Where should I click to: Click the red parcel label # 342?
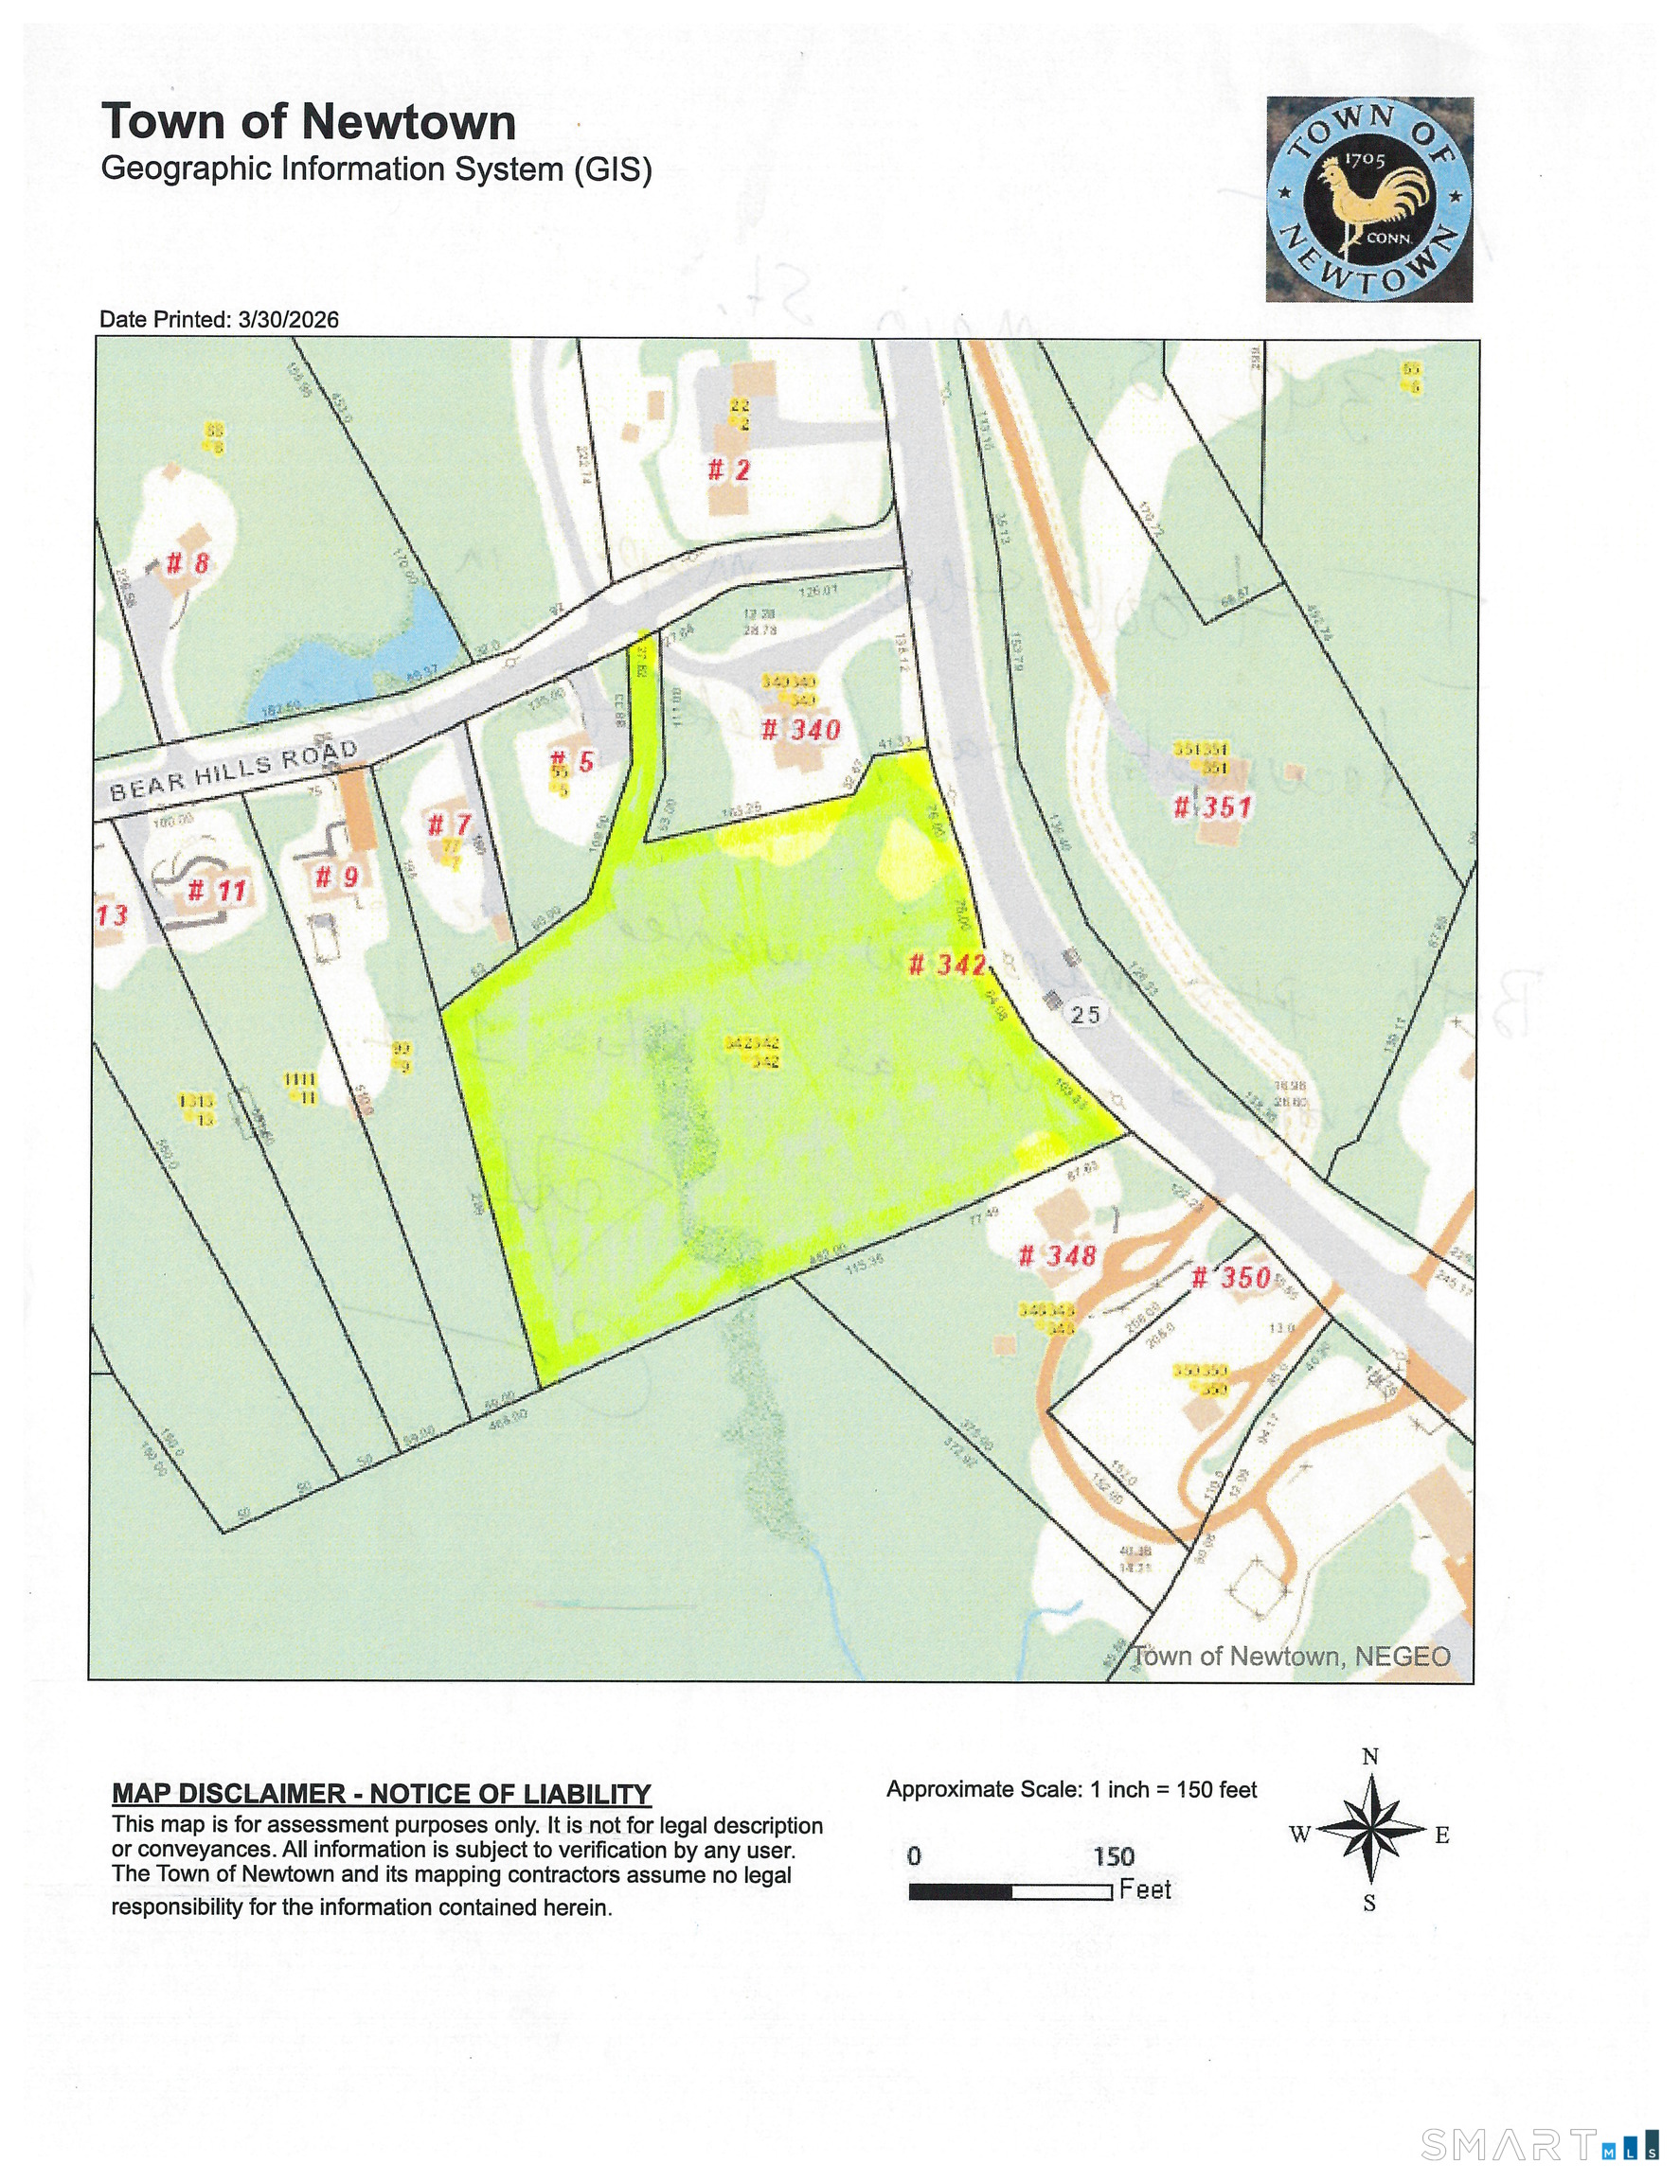(947, 965)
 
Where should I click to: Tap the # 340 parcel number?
(800, 729)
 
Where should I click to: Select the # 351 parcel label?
(1211, 806)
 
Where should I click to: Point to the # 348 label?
(1057, 1255)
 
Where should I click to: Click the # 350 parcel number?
(1230, 1277)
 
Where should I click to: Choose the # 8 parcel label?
(187, 563)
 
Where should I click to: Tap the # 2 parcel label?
(728, 470)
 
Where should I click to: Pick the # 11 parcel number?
(217, 890)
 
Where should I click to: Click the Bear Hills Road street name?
(234, 771)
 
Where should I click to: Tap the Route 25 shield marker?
(1084, 1015)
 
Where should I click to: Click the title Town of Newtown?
(309, 123)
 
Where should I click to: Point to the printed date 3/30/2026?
(288, 320)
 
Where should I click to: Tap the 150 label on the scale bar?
(1113, 1856)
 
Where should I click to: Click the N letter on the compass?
(1370, 1757)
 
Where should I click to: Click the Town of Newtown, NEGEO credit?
(1291, 1657)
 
